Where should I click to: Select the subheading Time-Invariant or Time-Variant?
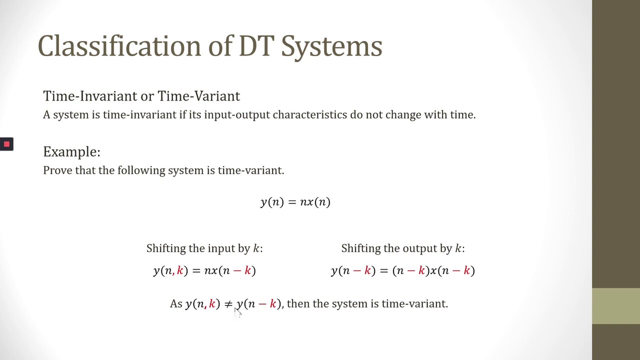(141, 96)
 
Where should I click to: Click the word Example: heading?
(71, 152)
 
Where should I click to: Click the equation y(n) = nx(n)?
(295, 202)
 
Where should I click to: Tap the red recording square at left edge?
(6, 144)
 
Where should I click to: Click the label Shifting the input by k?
(204, 248)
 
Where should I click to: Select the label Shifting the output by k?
(402, 248)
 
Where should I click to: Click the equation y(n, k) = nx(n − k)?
(204, 271)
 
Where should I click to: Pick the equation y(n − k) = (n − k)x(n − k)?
(402, 271)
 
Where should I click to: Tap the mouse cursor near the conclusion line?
(237, 312)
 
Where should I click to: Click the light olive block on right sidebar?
(616, 306)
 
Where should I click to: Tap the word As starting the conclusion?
(176, 304)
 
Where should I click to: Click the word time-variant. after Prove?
(251, 170)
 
